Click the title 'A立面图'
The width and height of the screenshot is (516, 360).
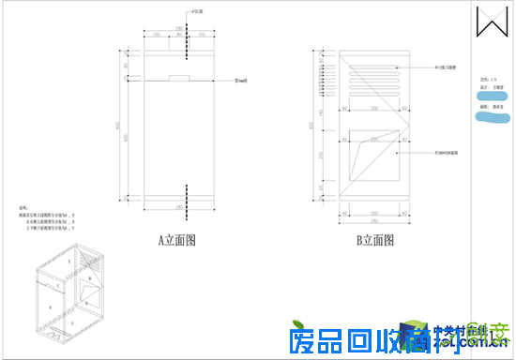176,240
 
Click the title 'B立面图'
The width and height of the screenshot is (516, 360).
373,240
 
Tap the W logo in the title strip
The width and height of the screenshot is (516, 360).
490,22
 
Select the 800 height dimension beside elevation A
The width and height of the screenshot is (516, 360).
116,125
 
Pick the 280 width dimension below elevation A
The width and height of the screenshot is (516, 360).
178,205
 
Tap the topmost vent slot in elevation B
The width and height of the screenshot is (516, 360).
373,58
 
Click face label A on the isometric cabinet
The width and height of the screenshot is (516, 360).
47,307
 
